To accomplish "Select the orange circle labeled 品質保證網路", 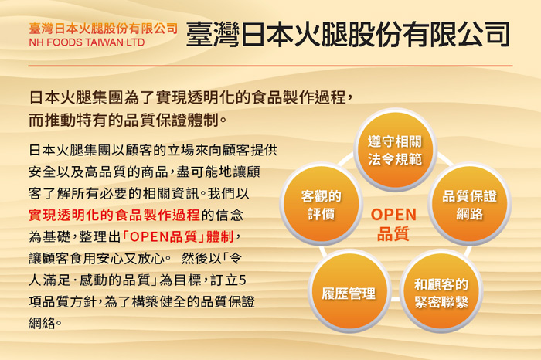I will click(x=469, y=204).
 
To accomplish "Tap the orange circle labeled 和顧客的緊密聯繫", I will click(x=441, y=292).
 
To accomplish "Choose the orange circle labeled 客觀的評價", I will click(x=321, y=204).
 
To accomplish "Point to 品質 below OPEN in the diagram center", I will click(x=393, y=234).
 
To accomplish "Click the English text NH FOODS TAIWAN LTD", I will click(x=87, y=42).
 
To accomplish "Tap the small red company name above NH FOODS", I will click(x=104, y=29).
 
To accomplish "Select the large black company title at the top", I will click(x=348, y=34).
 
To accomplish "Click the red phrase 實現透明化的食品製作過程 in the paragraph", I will click(x=115, y=214).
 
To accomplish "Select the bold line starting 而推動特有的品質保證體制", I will click(x=128, y=121).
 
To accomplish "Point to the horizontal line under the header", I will click(x=270, y=66).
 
